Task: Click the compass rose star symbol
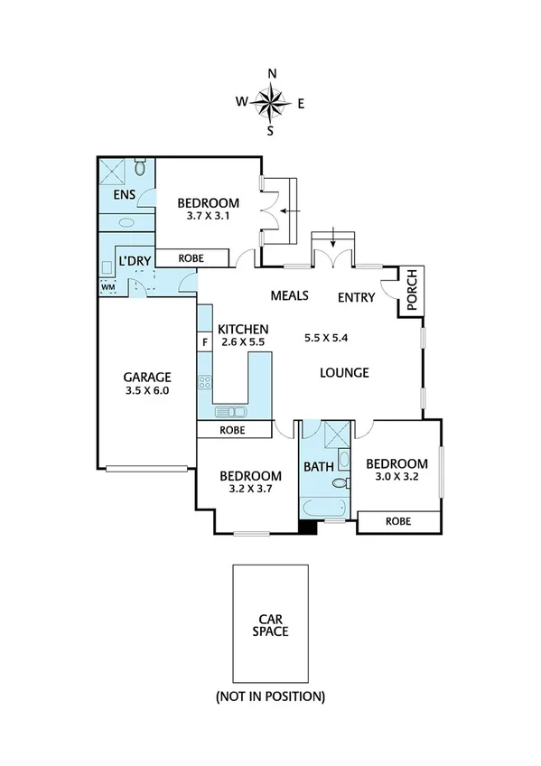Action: pyautogui.click(x=271, y=102)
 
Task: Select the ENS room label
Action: pyautogui.click(x=125, y=196)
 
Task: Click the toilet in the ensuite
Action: pyautogui.click(x=140, y=168)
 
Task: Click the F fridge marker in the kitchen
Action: pyautogui.click(x=204, y=342)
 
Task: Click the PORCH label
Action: pyautogui.click(x=411, y=292)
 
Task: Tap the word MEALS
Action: pyautogui.click(x=290, y=296)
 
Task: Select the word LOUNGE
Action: pyautogui.click(x=345, y=372)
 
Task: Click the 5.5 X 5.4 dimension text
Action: pyautogui.click(x=326, y=338)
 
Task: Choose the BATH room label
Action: pyautogui.click(x=319, y=467)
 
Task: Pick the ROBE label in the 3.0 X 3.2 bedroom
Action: pyautogui.click(x=397, y=521)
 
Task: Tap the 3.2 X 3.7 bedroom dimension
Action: pyautogui.click(x=250, y=489)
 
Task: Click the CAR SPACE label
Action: pyautogui.click(x=271, y=625)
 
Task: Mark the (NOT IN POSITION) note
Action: pyautogui.click(x=270, y=696)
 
